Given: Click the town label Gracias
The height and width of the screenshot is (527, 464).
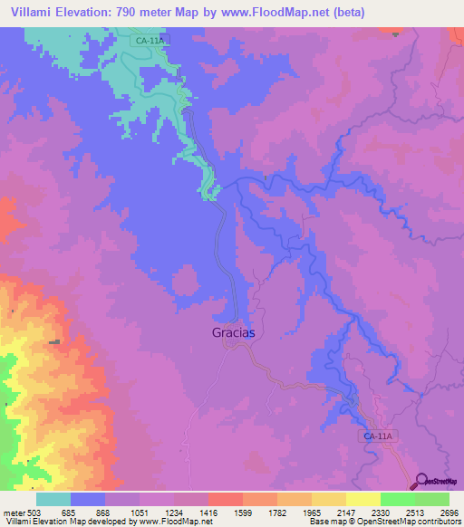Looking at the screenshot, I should [x=234, y=332].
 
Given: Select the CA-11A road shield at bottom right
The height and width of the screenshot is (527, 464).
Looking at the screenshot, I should [x=378, y=436].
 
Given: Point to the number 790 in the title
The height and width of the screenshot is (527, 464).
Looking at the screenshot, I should [x=153, y=12].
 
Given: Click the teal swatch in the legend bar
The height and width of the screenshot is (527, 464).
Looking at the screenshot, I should [x=53, y=500].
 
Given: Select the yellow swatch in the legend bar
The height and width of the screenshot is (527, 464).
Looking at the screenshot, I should [x=362, y=500].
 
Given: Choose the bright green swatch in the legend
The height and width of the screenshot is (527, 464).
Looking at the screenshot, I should [x=397, y=500].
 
